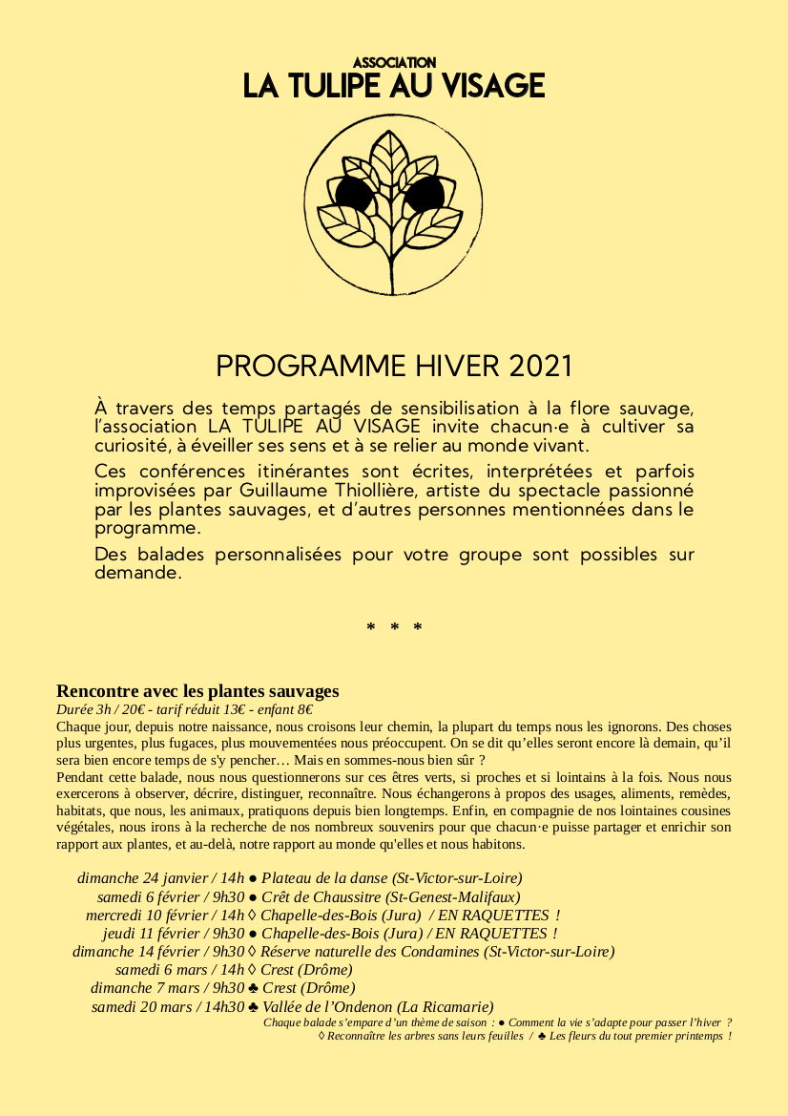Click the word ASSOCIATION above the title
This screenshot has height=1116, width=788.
click(x=394, y=62)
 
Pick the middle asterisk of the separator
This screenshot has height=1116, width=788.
click(x=394, y=627)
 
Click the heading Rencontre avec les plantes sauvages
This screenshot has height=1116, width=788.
click(x=197, y=691)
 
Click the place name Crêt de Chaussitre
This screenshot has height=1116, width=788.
click(x=322, y=896)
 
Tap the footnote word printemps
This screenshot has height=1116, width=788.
click(x=699, y=1036)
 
